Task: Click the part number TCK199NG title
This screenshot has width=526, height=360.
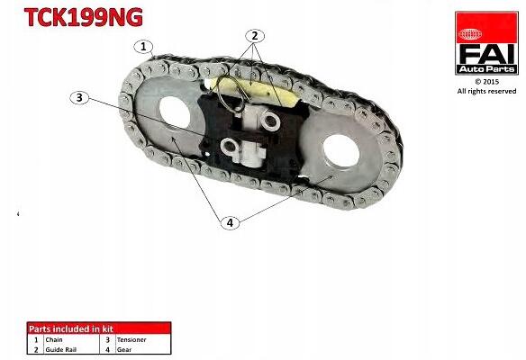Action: (84, 17)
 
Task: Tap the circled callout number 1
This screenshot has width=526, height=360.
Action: (143, 47)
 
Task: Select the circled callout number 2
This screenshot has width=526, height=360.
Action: (255, 35)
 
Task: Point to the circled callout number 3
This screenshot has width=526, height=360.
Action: (79, 97)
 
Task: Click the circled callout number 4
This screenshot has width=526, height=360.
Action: (231, 222)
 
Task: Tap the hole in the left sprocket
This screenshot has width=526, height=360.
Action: (175, 112)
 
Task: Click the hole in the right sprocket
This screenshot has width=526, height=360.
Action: (341, 151)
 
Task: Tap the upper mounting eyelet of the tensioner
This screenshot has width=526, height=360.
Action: (271, 120)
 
